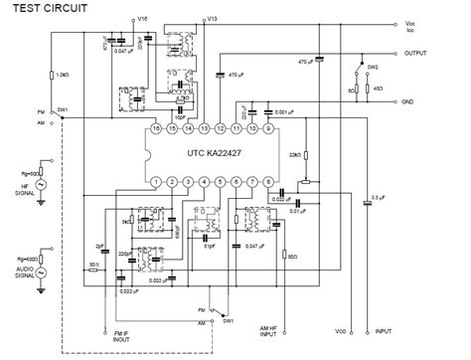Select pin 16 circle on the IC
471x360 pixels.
156,130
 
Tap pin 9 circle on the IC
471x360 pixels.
267,130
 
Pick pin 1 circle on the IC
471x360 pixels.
156,182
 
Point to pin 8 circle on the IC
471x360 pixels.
267,182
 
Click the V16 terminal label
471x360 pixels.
143,19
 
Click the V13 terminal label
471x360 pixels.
211,19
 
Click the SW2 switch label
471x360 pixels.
373,66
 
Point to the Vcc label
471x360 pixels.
410,22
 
